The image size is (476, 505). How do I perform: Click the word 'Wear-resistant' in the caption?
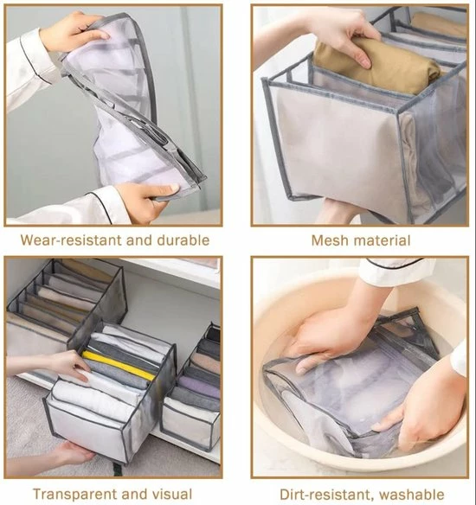point(66,240)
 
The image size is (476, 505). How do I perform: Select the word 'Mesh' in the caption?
point(330,240)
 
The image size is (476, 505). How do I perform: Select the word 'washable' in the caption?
point(414,495)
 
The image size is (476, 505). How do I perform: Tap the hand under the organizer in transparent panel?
point(69,454)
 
